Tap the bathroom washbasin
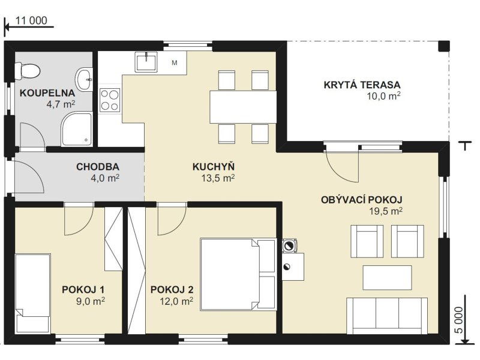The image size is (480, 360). click(84, 80)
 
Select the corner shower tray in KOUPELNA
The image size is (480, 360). click(77, 128)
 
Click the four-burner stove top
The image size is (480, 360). click(110, 100)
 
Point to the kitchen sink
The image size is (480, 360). click(146, 62)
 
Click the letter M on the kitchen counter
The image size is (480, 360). click(175, 63)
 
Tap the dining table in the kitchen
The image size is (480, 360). click(244, 107)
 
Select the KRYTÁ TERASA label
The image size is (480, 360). click(362, 85)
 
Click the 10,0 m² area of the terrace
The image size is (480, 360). click(383, 96)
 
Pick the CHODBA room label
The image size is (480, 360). click(98, 167)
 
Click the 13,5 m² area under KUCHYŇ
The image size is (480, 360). click(218, 178)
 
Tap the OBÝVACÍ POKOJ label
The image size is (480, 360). click(362, 200)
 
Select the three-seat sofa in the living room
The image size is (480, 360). click(387, 316)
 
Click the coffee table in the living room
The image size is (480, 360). click(387, 277)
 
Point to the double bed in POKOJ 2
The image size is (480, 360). click(238, 274)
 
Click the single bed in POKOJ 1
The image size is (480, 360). click(32, 293)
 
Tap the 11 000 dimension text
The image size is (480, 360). click(31, 20)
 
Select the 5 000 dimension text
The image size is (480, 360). click(459, 320)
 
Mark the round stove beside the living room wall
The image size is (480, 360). click(289, 245)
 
